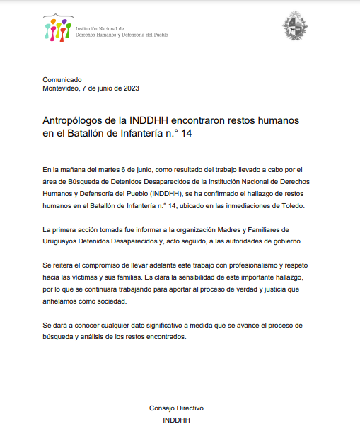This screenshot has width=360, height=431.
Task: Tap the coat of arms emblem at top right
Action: [x=295, y=28]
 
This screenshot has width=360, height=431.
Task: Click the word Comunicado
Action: [x=62, y=79]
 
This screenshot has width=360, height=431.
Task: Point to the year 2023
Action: [x=131, y=88]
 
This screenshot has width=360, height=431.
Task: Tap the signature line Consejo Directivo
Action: [x=176, y=409]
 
